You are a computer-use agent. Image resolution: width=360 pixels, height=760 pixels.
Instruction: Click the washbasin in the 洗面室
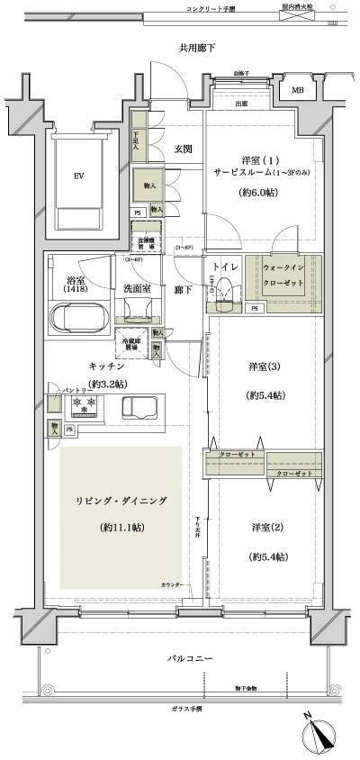click(139, 311)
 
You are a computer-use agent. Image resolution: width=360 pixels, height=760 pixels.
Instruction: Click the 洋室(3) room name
click(263, 366)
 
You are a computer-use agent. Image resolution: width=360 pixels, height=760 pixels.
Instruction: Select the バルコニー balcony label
click(190, 659)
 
